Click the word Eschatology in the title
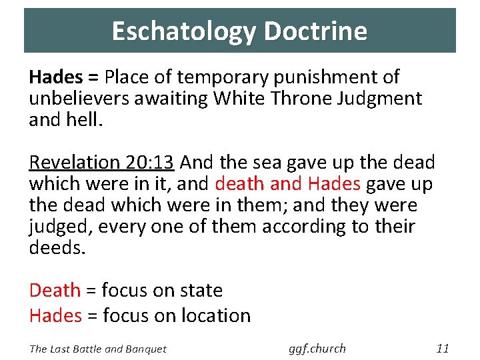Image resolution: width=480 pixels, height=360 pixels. click(x=183, y=31)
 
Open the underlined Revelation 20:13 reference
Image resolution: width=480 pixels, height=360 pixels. click(x=101, y=162)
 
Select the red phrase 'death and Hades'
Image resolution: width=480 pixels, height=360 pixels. click(x=287, y=183)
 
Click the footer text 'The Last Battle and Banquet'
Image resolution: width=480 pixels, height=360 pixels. click(x=97, y=348)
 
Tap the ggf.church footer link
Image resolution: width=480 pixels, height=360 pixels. click(x=317, y=348)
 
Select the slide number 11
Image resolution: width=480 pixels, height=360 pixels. click(x=443, y=348)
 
